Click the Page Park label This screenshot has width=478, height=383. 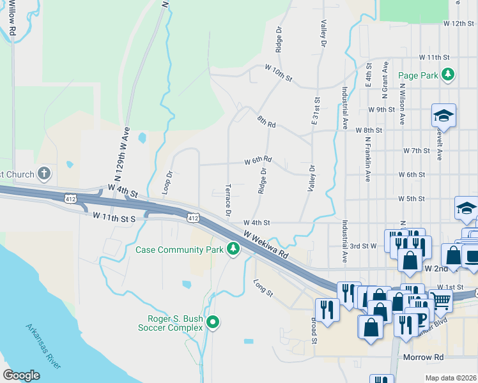[x=418, y=75]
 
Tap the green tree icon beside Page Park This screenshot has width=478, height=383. [x=449, y=75]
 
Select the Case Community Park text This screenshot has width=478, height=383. [x=180, y=249]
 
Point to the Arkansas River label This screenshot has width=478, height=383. [x=43, y=347]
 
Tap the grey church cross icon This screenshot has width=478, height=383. [x=43, y=173]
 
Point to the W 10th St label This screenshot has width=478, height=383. [x=279, y=73]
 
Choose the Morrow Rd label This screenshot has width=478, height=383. [x=423, y=357]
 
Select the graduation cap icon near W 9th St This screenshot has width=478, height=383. [x=443, y=115]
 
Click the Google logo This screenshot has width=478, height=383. [x=21, y=375]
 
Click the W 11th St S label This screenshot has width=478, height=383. [x=114, y=218]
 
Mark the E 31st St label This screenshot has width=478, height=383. [x=316, y=110]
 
